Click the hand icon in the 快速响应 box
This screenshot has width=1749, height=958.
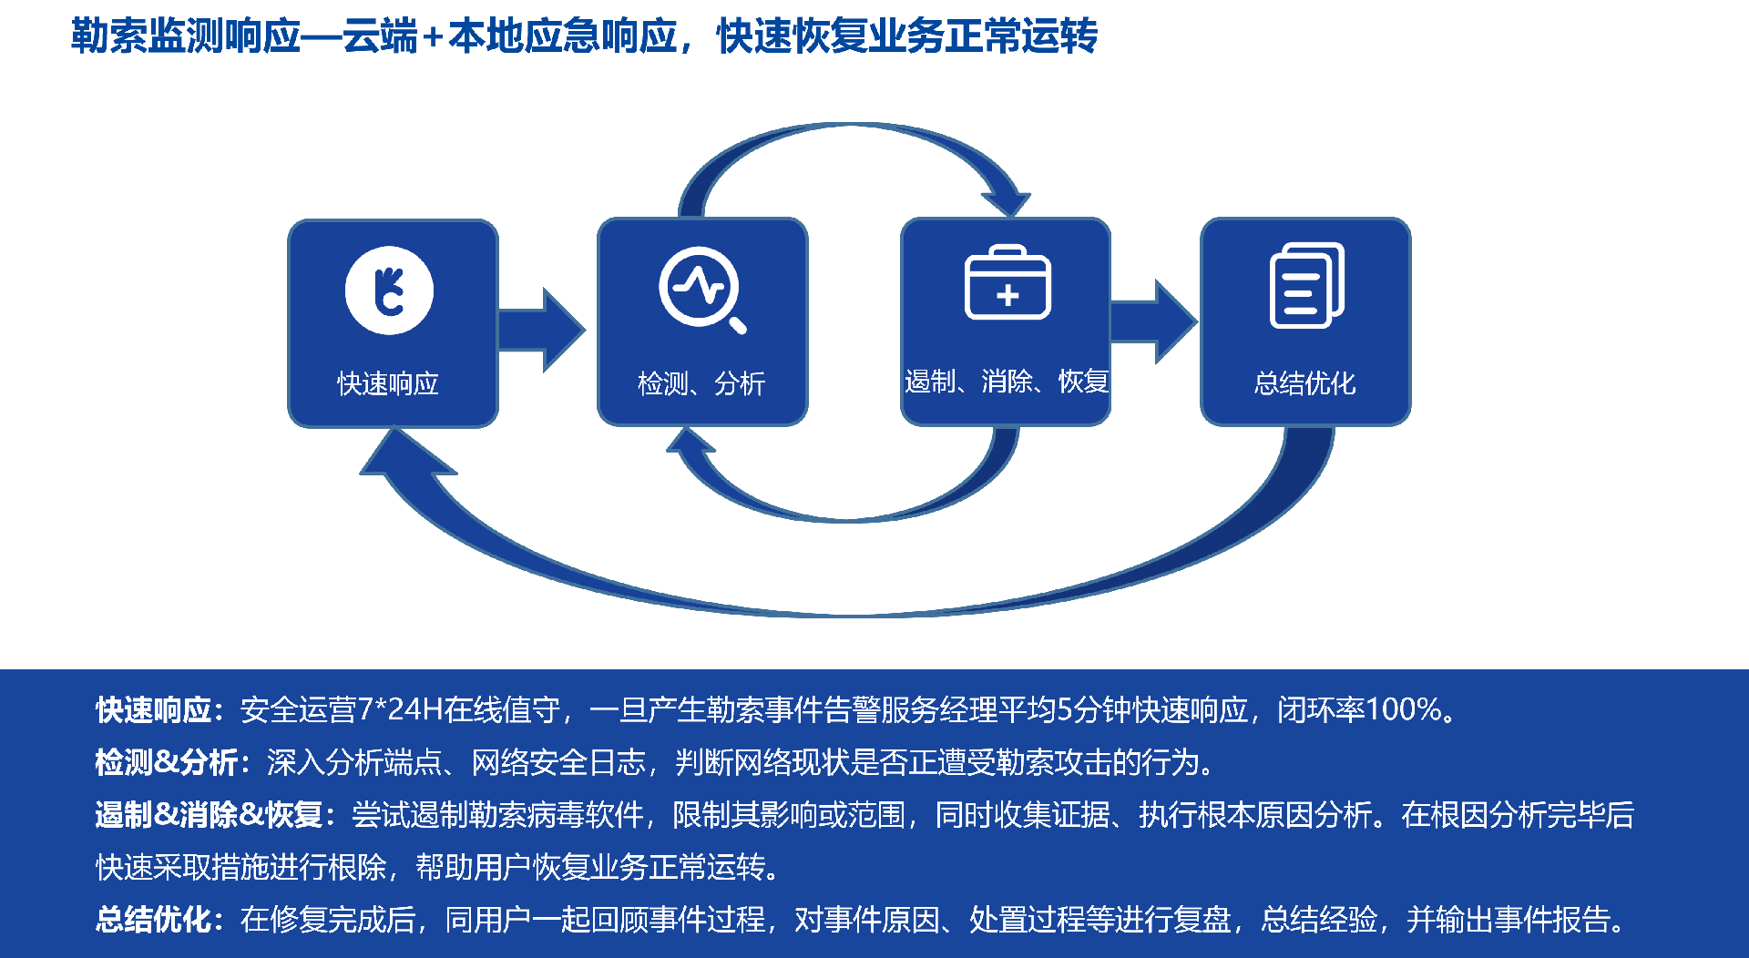click(x=389, y=290)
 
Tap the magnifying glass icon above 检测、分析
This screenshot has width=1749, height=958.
click(x=701, y=288)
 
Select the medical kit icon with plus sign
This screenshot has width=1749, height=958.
click(x=1007, y=283)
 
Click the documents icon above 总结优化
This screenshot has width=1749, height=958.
click(x=1306, y=285)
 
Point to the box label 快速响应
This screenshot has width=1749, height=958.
click(x=388, y=383)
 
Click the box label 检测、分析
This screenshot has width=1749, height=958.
click(x=701, y=383)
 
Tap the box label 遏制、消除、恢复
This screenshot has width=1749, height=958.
click(x=1006, y=381)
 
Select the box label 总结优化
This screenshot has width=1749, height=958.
click(x=1304, y=383)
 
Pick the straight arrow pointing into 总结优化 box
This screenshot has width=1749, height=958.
click(x=1154, y=321)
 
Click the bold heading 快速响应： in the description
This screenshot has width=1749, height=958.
click(x=159, y=710)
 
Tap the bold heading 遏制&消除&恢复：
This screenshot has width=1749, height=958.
click(x=215, y=814)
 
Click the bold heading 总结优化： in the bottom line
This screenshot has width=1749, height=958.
click(x=159, y=920)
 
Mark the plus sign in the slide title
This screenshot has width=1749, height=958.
click(x=433, y=37)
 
